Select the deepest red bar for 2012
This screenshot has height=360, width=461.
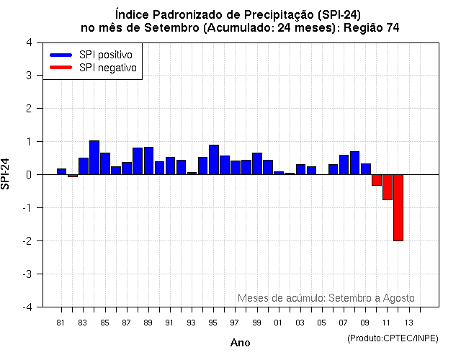click(398, 207)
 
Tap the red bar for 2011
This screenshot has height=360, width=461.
click(388, 187)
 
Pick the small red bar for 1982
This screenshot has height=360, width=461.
click(73, 176)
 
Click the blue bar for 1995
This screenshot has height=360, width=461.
click(214, 160)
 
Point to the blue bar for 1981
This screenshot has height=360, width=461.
click(62, 171)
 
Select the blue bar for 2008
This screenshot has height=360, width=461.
click(354, 163)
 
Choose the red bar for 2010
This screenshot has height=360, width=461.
click(377, 180)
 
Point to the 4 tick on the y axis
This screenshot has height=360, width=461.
click(28, 42)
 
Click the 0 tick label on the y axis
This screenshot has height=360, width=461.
click(28, 174)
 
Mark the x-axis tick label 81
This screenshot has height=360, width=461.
click(61, 323)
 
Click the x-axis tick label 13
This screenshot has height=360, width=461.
click(408, 323)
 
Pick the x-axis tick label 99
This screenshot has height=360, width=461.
click(256, 323)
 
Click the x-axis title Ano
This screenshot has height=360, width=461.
click(240, 343)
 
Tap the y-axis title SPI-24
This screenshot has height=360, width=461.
click(6, 174)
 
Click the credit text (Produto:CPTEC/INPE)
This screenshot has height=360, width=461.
click(392, 338)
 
